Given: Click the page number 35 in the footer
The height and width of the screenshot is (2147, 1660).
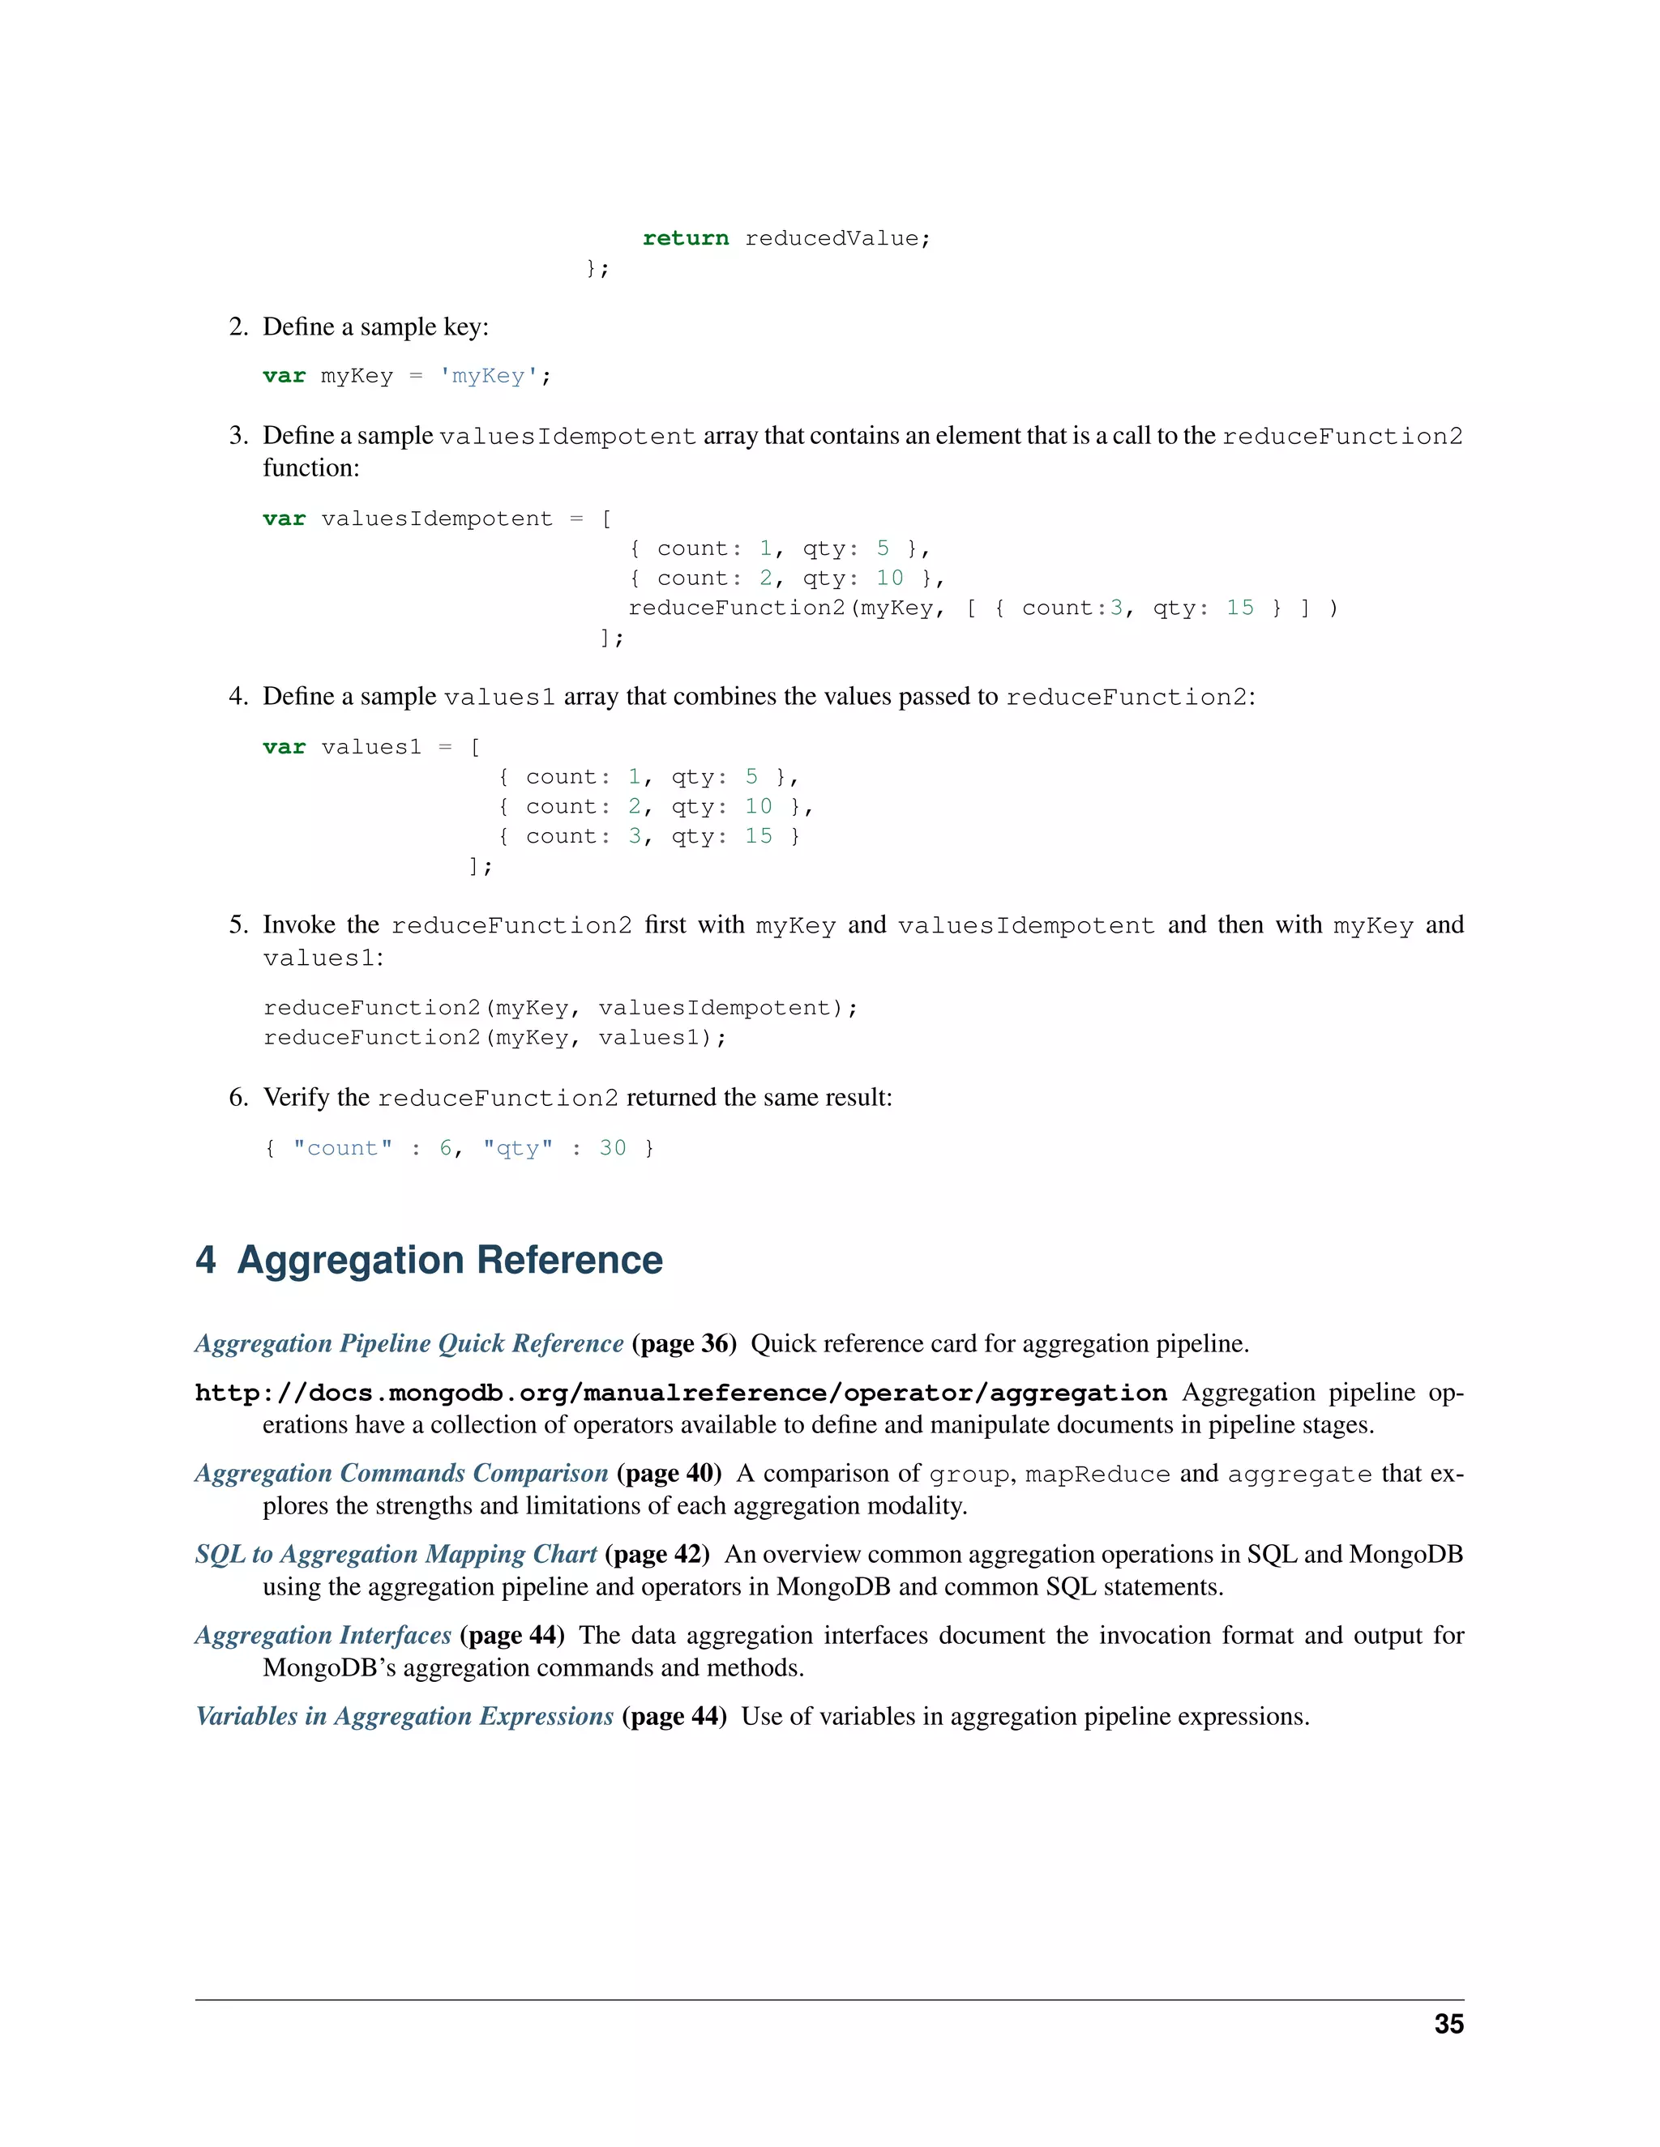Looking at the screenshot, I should click(1448, 2023).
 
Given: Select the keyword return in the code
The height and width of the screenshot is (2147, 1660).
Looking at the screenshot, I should click(686, 238).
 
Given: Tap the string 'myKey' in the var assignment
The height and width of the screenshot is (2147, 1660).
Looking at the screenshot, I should click(489, 376).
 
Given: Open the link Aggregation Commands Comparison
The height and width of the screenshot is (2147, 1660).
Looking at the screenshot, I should click(401, 1473).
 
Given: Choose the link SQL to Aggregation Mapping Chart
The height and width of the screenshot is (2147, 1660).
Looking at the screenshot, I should click(396, 1553).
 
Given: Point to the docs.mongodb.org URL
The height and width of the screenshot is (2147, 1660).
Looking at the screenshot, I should click(681, 1393).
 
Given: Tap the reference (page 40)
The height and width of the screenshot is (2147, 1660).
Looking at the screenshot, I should click(669, 1473).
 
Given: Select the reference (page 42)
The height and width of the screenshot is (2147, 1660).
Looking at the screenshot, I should click(657, 1553).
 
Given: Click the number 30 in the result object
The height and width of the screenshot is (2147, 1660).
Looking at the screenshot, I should click(613, 1147).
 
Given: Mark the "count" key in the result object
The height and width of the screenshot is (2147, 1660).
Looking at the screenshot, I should click(342, 1147).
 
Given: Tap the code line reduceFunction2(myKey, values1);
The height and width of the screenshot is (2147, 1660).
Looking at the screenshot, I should click(494, 1037).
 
